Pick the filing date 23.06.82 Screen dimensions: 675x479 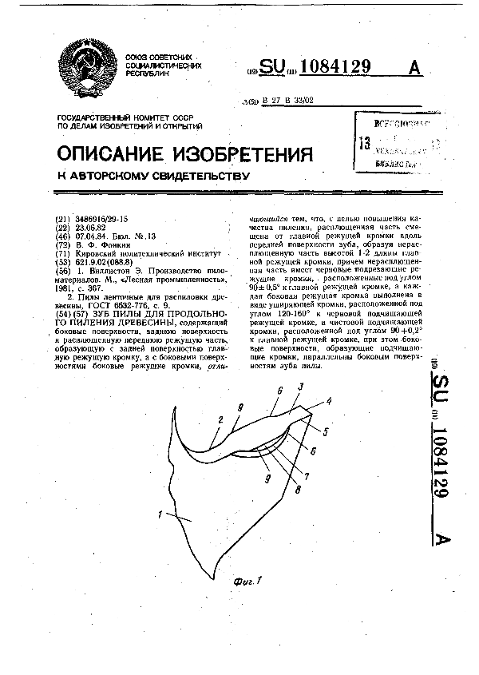tap(89, 225)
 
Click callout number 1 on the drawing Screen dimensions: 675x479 tap(161, 514)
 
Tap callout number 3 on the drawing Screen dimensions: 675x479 tap(299, 387)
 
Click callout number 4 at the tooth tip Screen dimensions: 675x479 tap(329, 403)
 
